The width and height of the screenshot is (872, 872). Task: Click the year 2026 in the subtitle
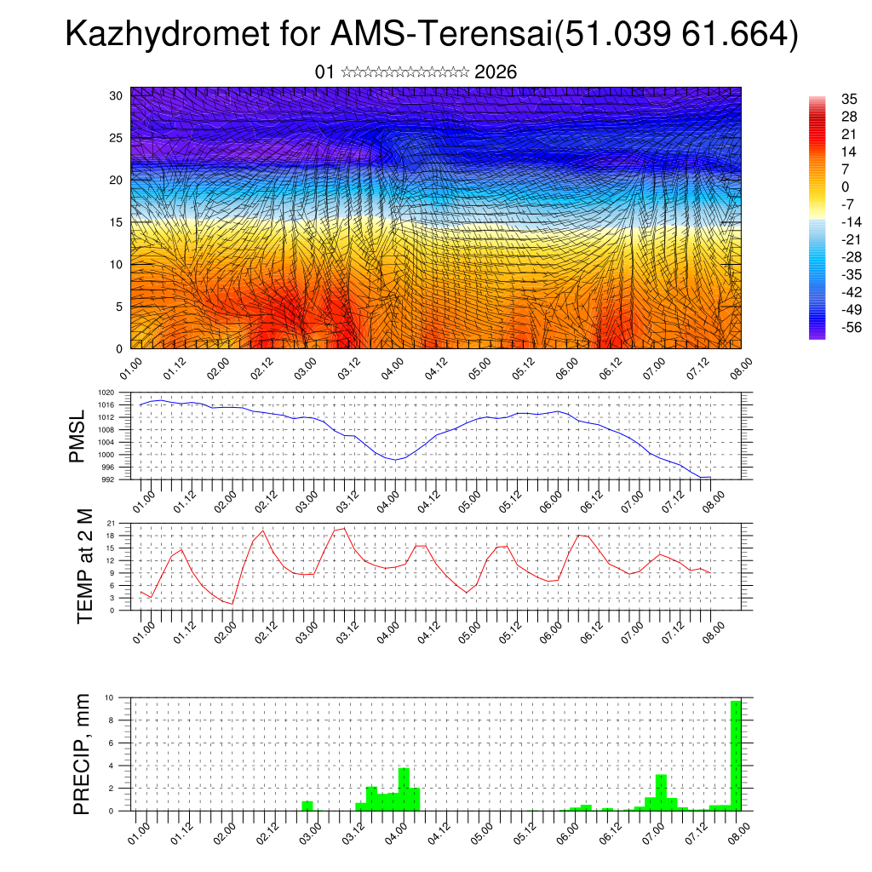point(496,72)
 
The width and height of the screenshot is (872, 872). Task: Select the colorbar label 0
point(845,187)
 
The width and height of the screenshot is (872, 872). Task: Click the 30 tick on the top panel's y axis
point(116,95)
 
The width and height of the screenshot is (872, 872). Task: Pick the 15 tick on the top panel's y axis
point(116,222)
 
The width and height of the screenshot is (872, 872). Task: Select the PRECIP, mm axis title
point(82,754)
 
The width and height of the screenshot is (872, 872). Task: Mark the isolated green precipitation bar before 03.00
point(307,806)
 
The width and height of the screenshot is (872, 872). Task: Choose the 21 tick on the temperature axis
point(112,523)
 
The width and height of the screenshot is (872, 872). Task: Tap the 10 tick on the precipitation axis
point(110,697)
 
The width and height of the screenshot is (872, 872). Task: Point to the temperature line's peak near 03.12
point(344,528)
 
